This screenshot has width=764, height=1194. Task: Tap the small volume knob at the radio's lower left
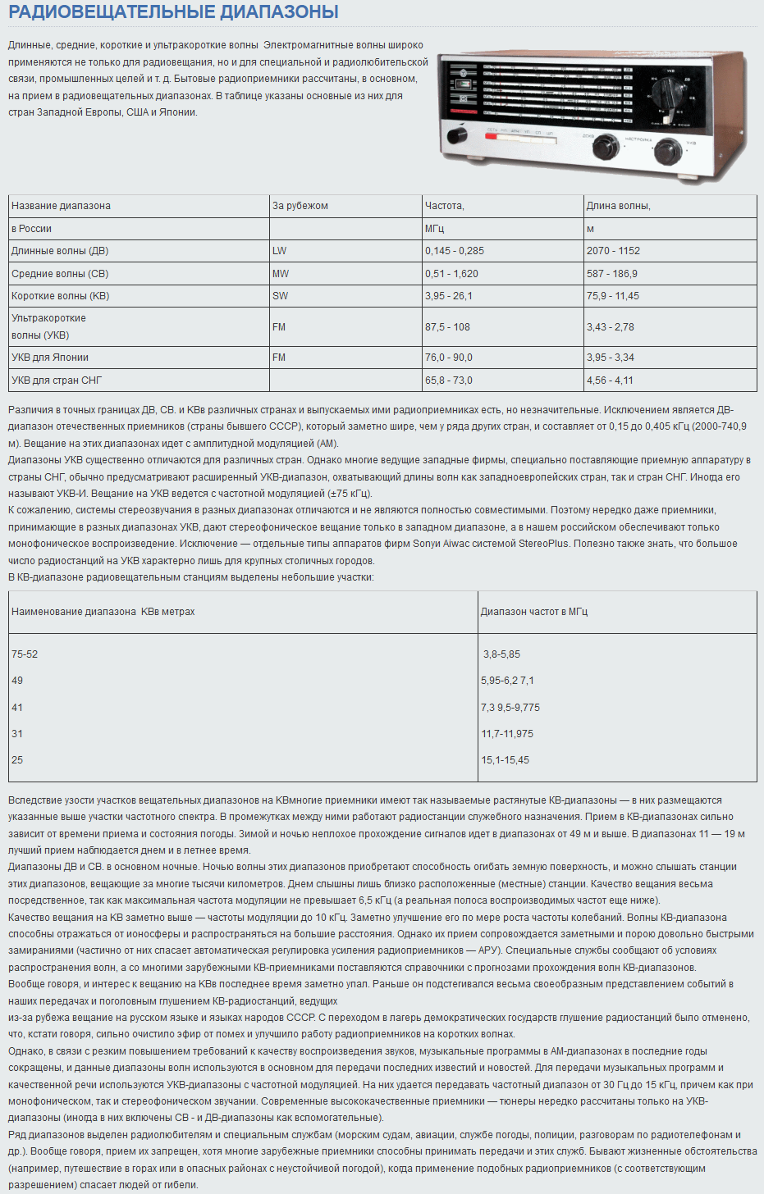455,136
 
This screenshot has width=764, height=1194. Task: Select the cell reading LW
280,251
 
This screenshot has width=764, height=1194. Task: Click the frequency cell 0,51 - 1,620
451,274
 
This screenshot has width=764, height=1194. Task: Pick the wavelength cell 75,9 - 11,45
612,296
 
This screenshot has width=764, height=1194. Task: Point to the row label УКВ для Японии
50,358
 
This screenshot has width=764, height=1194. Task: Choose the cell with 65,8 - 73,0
448,381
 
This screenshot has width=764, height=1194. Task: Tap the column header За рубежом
300,206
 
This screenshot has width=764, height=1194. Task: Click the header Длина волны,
618,206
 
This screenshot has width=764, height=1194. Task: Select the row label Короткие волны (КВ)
60,296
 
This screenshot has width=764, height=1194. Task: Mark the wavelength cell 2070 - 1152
613,251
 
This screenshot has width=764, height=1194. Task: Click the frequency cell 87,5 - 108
447,327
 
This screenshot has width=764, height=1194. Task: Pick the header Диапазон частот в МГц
534,612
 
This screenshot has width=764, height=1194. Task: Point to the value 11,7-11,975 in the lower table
507,734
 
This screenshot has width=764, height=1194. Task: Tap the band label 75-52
25,654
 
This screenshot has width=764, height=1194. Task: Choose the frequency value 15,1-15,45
505,760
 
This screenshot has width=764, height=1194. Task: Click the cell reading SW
280,296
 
